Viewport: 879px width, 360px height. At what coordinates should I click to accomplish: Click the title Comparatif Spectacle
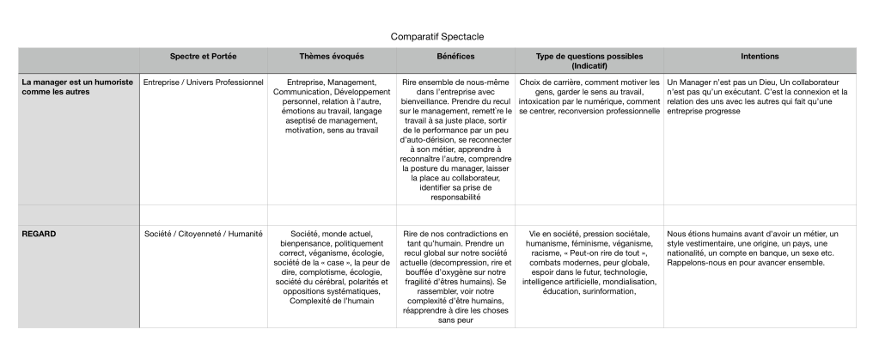[x=437, y=37]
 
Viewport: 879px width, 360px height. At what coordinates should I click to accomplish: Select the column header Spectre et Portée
[x=203, y=57]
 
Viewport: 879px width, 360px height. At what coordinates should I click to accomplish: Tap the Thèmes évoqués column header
[x=332, y=57]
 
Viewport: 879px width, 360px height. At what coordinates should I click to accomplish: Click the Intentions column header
[x=760, y=57]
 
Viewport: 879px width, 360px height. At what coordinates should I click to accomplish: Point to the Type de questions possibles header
[x=589, y=57]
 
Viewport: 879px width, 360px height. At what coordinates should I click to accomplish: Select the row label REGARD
[x=39, y=233]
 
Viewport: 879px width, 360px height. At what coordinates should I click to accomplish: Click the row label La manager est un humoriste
[x=77, y=82]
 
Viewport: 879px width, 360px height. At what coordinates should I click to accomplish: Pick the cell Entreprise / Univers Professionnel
[x=204, y=82]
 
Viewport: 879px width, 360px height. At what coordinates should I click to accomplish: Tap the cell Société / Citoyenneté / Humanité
[x=204, y=233]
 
